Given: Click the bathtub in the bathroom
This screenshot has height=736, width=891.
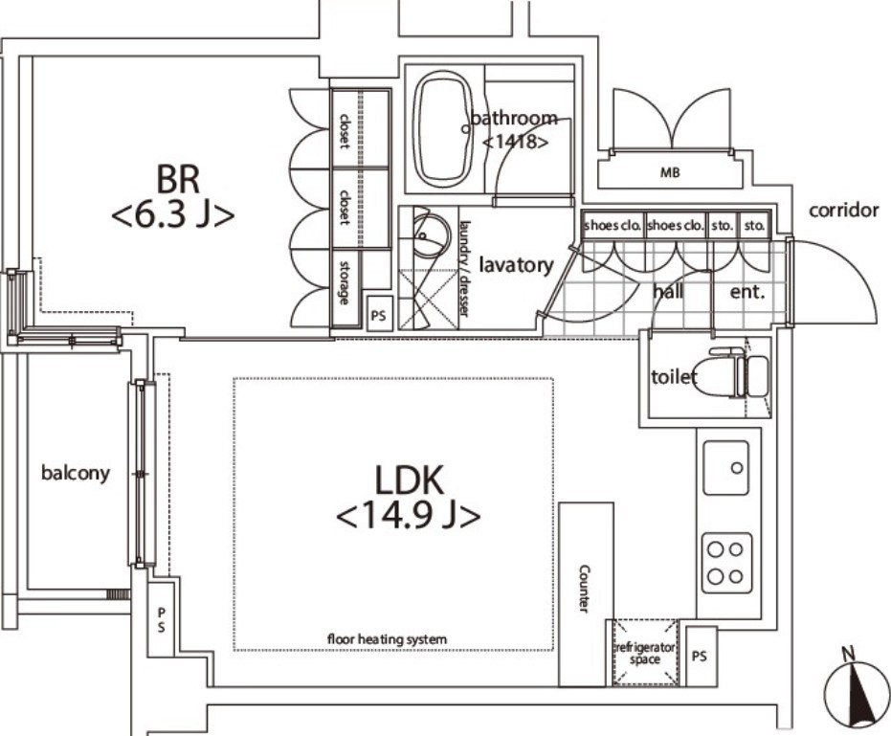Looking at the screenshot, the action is (x=443, y=129).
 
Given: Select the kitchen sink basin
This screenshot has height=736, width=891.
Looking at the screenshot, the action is (x=725, y=468).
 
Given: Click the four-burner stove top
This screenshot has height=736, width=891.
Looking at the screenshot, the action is (x=726, y=563).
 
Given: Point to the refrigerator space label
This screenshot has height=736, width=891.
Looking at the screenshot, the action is (x=645, y=653).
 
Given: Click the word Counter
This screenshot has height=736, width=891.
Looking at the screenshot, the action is (x=584, y=589).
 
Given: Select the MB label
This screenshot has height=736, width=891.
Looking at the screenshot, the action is (x=670, y=172).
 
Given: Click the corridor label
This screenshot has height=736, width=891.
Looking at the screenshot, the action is (x=844, y=211).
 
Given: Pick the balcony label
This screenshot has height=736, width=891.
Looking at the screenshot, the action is (x=76, y=473).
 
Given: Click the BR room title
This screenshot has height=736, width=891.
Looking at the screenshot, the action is (x=178, y=179).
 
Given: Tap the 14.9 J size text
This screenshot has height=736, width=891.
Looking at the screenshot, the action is (x=409, y=516).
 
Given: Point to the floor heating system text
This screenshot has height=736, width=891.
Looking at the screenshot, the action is (x=387, y=639).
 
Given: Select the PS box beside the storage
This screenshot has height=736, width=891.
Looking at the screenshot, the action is (x=378, y=314).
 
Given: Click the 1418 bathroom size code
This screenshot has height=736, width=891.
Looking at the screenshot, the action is (x=516, y=142).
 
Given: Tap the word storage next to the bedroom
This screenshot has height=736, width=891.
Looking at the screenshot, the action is (x=345, y=282).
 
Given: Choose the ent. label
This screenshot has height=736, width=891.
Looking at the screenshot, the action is (x=747, y=292).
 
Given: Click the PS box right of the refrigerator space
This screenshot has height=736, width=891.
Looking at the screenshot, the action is (x=701, y=656).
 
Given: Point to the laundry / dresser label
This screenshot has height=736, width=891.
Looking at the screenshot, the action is (x=465, y=268).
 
